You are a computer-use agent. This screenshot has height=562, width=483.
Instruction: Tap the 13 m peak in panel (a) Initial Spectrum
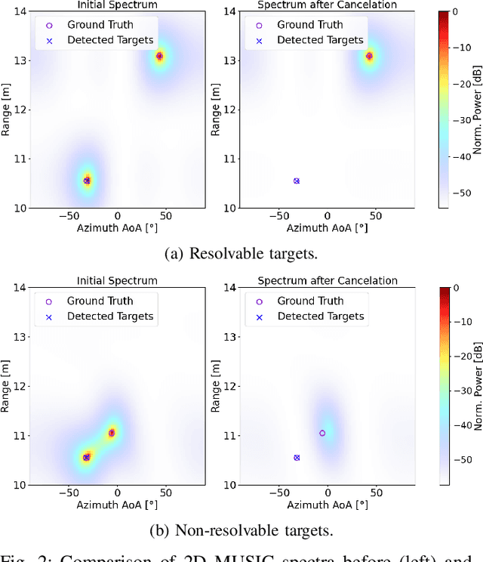159,56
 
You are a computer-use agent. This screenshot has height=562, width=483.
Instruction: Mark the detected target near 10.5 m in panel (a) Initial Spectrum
87,181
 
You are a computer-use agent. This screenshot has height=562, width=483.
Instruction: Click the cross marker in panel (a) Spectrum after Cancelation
297,181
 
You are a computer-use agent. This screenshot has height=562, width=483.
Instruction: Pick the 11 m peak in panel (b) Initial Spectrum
112,433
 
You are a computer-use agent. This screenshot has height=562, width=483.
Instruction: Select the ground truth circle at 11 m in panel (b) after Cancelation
322,433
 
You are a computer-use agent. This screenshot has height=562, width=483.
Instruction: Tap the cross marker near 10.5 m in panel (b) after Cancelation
297,457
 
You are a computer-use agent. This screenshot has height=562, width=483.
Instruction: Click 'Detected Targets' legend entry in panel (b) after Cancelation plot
321,317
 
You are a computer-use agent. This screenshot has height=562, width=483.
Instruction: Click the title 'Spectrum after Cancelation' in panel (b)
328,280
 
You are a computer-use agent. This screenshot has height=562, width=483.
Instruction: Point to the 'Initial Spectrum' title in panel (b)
117,280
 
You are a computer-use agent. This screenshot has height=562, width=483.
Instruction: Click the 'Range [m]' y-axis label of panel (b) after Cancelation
216,386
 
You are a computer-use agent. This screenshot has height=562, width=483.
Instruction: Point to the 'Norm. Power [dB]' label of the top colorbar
477,110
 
